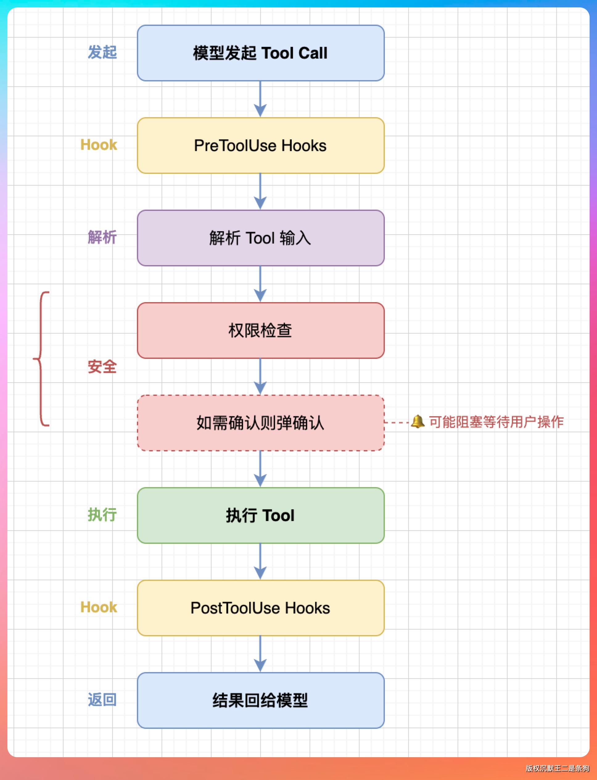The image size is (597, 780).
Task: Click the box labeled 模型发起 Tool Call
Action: (261, 53)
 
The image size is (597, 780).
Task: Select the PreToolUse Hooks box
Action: (261, 146)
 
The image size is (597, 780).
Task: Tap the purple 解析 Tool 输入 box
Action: (261, 238)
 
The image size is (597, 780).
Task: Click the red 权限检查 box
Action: (261, 330)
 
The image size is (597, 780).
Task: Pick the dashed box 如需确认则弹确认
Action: (261, 423)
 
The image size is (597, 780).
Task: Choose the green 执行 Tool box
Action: (261, 515)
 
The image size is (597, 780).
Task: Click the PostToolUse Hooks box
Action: (261, 608)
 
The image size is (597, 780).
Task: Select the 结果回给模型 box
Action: (261, 700)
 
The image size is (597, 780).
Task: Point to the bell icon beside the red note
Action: (418, 422)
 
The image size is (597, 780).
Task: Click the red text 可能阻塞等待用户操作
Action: (496, 422)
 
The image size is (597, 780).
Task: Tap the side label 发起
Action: (102, 52)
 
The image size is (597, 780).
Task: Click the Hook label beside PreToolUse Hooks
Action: (98, 145)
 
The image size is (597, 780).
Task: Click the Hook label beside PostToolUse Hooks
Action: (98, 607)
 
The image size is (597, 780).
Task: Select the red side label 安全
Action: (102, 367)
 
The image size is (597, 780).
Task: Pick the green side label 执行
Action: (102, 515)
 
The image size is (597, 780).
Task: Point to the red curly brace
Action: (41, 359)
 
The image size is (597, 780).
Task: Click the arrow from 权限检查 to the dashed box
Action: (261, 376)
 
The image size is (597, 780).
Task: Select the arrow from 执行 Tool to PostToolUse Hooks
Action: (261, 561)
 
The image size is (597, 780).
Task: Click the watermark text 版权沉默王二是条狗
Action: (557, 768)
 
